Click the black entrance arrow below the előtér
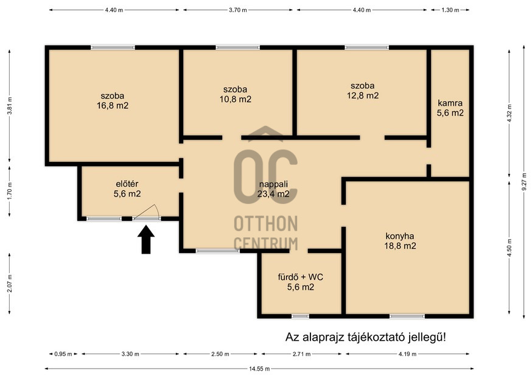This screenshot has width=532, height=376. pyautogui.click(x=146, y=239)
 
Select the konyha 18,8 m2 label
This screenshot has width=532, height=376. pyautogui.click(x=400, y=241)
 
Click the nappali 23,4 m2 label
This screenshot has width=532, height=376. pyautogui.click(x=273, y=189)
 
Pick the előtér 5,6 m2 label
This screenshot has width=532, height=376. pyautogui.click(x=127, y=189)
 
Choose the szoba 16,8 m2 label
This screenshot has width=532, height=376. pyautogui.click(x=113, y=101)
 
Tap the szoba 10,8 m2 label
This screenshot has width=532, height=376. pyautogui.click(x=236, y=94)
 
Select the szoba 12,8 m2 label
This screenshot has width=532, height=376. pyautogui.click(x=363, y=91)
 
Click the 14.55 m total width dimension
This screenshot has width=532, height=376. pyautogui.click(x=259, y=369)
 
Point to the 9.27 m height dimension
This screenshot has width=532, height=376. pyautogui.click(x=525, y=184)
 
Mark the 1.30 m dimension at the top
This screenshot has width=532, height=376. pyautogui.click(x=450, y=10)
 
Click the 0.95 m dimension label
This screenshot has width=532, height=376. pyautogui.click(x=63, y=354)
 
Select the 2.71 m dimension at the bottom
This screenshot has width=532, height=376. pyautogui.click(x=302, y=354)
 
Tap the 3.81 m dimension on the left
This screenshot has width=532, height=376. pyautogui.click(x=10, y=106)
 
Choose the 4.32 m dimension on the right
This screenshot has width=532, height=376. pyautogui.click(x=509, y=113)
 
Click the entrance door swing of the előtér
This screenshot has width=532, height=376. pyautogui.click(x=147, y=212)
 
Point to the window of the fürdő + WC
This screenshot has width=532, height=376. pyautogui.click(x=301, y=316)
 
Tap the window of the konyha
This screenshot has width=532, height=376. pyautogui.click(x=407, y=316)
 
